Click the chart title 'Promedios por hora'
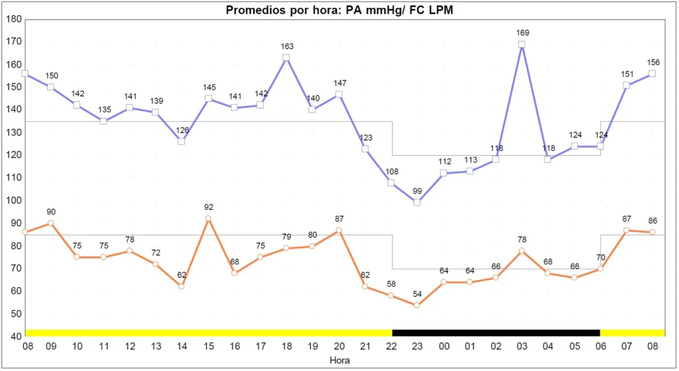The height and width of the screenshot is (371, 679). click(x=339, y=10)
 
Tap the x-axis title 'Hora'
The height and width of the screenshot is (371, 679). click(x=339, y=361)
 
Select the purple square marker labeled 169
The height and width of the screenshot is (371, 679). click(x=522, y=44)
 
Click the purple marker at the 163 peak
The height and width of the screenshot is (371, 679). click(x=286, y=58)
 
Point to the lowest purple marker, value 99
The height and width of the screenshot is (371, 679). click(x=417, y=202)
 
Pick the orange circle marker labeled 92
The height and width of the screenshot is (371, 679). click(x=208, y=219)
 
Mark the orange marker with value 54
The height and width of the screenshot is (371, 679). click(x=417, y=305)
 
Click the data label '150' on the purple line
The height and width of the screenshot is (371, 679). click(x=51, y=76)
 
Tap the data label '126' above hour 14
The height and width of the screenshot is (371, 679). click(x=181, y=130)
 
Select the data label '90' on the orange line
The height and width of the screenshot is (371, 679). click(x=51, y=212)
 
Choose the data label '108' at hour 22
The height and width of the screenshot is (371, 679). click(x=391, y=171)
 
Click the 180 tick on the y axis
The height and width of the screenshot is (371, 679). click(x=13, y=19)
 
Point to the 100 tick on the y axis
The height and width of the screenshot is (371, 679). click(x=13, y=200)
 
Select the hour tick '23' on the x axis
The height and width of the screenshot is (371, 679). click(x=417, y=346)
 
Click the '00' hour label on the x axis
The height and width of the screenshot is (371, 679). click(x=443, y=346)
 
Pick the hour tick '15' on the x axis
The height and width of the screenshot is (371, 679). click(x=208, y=346)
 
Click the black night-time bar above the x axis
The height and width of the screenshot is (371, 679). click(x=496, y=333)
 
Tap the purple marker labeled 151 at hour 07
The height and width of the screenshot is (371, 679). click(x=627, y=85)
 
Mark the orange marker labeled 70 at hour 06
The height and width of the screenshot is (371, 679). click(x=600, y=268)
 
